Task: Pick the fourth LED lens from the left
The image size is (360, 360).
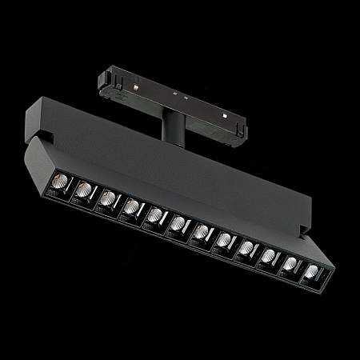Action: pos(130,209)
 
